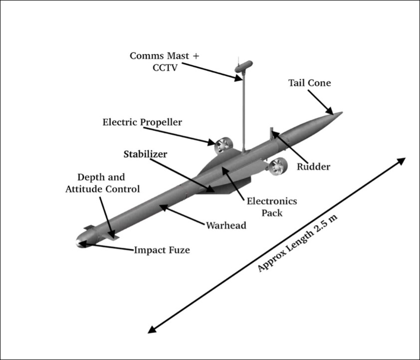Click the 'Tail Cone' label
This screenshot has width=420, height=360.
coord(309,83)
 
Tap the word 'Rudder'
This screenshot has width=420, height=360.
coord(313,167)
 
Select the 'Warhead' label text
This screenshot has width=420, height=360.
coord(226,225)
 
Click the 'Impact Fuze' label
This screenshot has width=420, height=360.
coord(162,250)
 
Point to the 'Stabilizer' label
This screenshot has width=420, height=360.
coord(145,154)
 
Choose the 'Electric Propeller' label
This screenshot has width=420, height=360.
coord(142,122)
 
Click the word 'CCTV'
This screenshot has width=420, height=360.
coord(165,68)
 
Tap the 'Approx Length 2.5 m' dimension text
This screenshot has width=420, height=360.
coord(297,243)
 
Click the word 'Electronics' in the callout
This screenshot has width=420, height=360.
coord(272,201)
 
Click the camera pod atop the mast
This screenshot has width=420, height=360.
coord(244,66)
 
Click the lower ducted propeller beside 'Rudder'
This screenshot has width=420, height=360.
coord(277,167)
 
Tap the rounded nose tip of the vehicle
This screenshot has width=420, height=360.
coord(77,242)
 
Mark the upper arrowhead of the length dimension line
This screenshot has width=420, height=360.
coord(401,161)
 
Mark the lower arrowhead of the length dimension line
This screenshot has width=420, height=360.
coord(152,330)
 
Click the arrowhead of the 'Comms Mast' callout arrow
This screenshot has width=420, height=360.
coord(238,78)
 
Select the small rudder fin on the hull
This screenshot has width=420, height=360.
coord(272,133)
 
